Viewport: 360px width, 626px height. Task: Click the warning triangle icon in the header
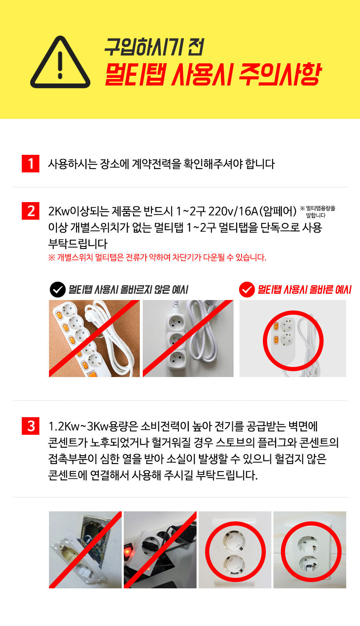click(60, 62)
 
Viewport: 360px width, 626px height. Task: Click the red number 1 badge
click(31, 164)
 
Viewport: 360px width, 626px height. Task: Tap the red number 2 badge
click(31, 211)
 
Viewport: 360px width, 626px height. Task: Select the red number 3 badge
click(31, 426)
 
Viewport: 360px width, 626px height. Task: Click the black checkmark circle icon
click(58, 290)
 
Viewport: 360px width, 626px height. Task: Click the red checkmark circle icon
click(247, 290)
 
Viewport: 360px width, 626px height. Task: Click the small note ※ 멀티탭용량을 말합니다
click(318, 212)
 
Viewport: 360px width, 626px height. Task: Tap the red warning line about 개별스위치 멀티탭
click(157, 257)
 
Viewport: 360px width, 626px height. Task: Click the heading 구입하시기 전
click(154, 47)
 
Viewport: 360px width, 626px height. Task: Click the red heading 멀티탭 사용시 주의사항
click(213, 74)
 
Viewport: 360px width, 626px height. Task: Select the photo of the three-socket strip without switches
click(188, 339)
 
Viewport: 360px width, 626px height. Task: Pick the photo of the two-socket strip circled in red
click(293, 339)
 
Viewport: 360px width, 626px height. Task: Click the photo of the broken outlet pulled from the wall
click(85, 550)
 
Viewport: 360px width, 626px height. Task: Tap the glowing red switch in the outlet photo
click(128, 551)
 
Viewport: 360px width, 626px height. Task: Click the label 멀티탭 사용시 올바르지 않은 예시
click(128, 290)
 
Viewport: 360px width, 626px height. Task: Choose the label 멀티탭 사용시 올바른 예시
click(304, 290)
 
